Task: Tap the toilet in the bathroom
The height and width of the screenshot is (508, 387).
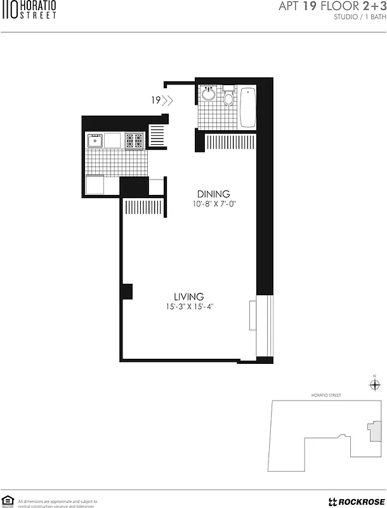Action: (x=228, y=97)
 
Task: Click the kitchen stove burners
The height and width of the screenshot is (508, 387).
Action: (x=134, y=140)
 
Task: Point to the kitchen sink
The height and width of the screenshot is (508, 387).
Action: (x=95, y=140)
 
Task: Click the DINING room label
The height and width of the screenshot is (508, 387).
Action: (x=213, y=194)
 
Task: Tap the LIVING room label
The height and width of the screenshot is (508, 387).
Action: (x=189, y=297)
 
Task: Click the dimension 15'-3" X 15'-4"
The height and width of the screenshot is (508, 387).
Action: (x=189, y=307)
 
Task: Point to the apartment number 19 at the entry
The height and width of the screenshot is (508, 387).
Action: (x=155, y=100)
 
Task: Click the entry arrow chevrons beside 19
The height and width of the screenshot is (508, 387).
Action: (x=167, y=100)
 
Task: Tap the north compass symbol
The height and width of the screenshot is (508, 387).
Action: (x=374, y=384)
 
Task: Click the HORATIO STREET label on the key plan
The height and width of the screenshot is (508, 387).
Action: (x=326, y=395)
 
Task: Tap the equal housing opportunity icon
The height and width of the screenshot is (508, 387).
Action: (x=8, y=501)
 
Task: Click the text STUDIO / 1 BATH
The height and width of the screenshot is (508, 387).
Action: (x=359, y=17)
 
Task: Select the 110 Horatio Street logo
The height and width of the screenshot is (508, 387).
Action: (x=30, y=10)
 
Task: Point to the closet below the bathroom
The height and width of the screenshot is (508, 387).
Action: (x=229, y=142)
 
